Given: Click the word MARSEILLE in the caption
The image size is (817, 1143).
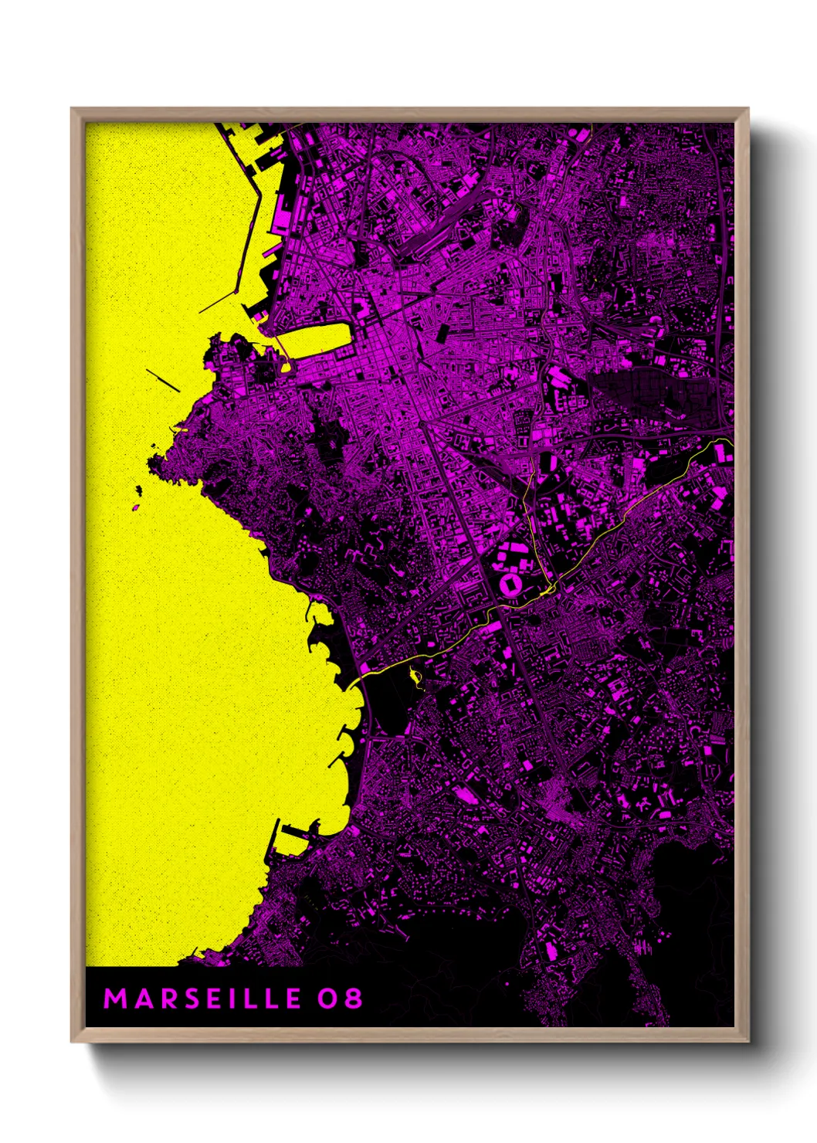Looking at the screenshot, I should tap(202, 999).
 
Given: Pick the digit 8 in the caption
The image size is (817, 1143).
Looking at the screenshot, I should tap(353, 999).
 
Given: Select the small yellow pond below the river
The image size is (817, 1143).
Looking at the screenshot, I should tap(415, 677).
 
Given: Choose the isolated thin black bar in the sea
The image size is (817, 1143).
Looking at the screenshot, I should tap(163, 379).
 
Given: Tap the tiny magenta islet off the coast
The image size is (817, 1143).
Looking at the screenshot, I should tap(135, 507).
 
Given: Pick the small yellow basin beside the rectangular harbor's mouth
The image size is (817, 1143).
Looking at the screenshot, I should tap(285, 367).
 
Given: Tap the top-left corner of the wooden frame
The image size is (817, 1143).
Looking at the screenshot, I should tap(73, 110).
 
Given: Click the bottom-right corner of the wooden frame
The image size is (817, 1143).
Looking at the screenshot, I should tap(747, 1040).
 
